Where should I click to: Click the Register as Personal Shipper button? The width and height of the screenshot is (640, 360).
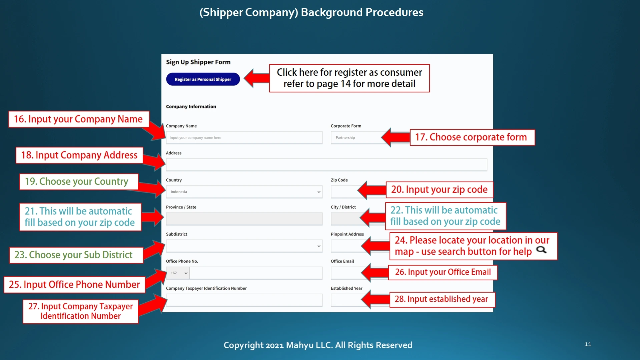click(203, 79)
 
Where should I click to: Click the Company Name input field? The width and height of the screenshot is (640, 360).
click(244, 137)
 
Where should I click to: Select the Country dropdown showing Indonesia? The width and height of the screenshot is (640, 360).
click(244, 192)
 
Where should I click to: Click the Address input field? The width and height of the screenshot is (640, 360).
click(327, 165)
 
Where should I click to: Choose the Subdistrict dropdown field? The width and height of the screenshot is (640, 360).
click(244, 246)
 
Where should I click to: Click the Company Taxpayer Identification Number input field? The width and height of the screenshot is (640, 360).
click(244, 300)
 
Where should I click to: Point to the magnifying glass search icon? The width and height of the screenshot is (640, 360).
click(541, 250)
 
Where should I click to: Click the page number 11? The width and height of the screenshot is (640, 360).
click(588, 344)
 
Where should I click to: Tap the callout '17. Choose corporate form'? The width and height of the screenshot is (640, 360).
click(472, 137)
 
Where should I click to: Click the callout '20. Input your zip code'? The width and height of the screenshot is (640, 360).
click(439, 190)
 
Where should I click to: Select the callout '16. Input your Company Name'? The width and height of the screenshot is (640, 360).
click(79, 119)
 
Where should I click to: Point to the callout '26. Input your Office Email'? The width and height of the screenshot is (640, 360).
click(443, 272)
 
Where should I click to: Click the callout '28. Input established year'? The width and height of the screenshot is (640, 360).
click(442, 299)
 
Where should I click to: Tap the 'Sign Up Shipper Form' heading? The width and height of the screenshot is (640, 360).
click(198, 62)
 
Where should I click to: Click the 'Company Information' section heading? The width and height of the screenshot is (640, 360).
click(191, 106)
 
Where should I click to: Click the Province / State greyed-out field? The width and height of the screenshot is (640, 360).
click(244, 219)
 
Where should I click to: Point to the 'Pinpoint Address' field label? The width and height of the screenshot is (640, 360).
click(347, 234)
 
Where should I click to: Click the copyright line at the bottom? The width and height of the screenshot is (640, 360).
click(318, 345)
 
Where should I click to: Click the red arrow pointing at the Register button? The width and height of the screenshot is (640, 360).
click(256, 78)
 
